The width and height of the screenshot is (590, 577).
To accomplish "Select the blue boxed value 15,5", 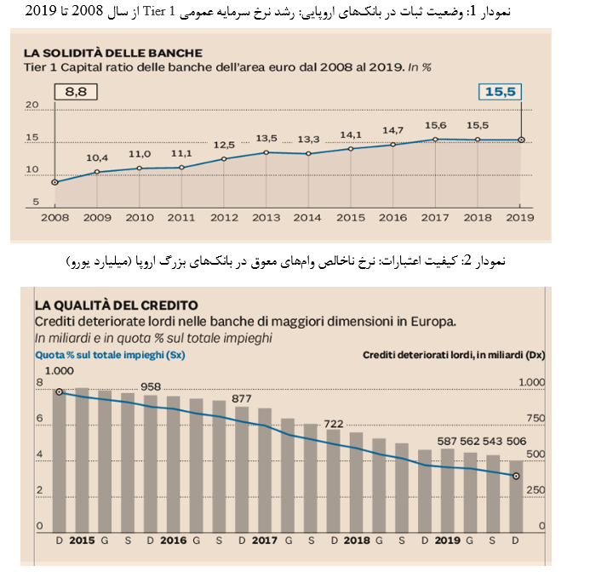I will (499, 91).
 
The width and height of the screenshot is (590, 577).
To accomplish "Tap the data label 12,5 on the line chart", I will (224, 145).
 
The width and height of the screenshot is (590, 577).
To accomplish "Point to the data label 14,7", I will (393, 130).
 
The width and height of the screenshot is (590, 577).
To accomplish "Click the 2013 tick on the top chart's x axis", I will (266, 217).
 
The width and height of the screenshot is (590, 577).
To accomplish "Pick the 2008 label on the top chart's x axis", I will (55, 217).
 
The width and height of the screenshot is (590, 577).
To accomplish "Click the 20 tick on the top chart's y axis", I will (33, 106).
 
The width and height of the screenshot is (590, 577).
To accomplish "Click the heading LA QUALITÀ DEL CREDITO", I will (116, 305).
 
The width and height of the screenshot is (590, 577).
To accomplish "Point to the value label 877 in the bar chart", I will (242, 398).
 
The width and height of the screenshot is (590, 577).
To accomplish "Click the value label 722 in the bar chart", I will (333, 424).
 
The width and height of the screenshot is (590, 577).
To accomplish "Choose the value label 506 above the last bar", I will (515, 441).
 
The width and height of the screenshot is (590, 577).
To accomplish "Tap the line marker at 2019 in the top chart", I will (521, 140).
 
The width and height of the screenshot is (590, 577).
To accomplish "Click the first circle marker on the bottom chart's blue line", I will (60, 392).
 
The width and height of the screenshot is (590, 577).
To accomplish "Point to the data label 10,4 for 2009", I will (97, 158).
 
